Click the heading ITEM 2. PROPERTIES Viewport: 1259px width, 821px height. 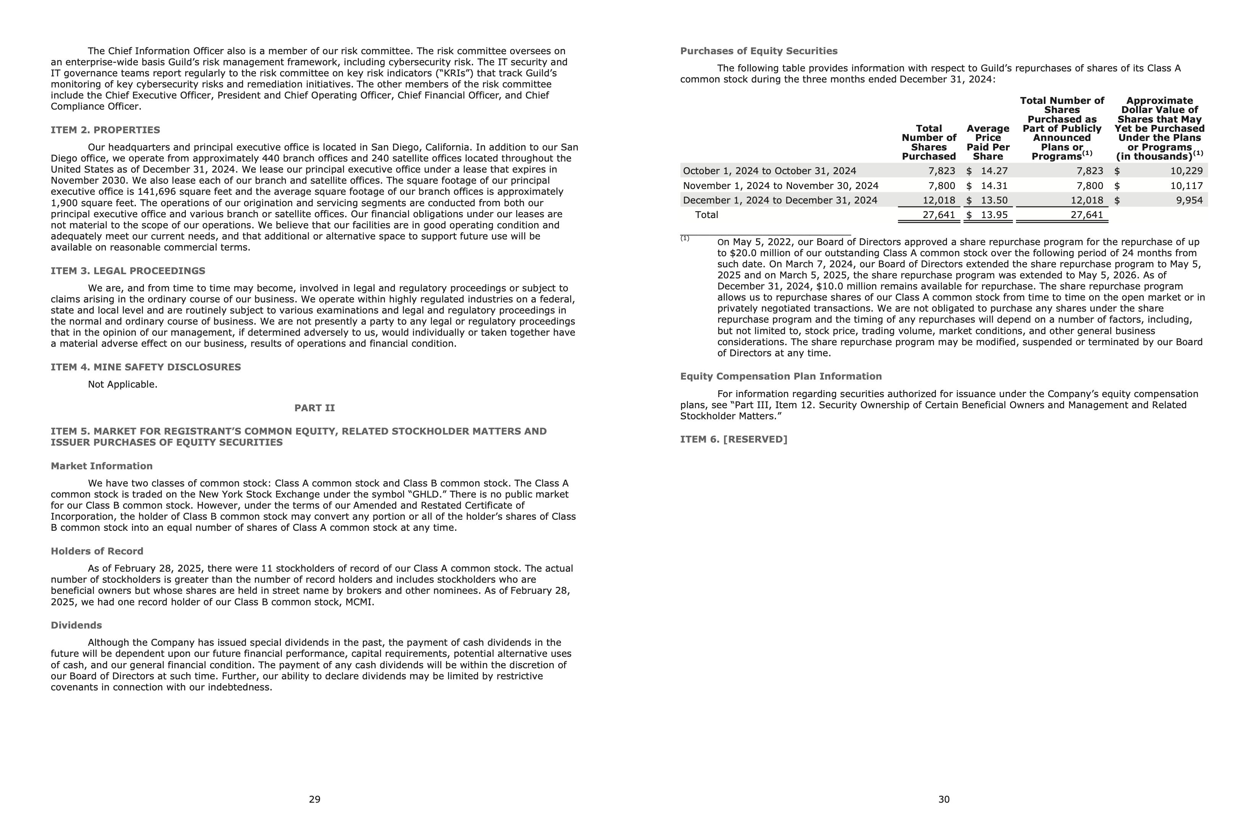tap(105, 130)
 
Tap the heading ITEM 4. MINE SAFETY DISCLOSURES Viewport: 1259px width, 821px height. tap(145, 367)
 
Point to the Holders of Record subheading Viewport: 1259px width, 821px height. tap(97, 551)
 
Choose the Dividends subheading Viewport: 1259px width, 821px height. tap(76, 625)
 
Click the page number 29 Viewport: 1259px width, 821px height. tap(315, 799)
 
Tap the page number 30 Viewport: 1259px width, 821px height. tap(944, 799)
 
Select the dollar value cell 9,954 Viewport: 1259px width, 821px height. tap(1189, 200)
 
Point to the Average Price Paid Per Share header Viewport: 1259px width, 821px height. tap(988, 142)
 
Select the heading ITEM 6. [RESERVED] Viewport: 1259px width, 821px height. tap(733, 440)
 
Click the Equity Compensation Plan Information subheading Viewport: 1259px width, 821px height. tap(781, 377)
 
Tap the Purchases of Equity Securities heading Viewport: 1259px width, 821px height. tap(758, 51)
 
